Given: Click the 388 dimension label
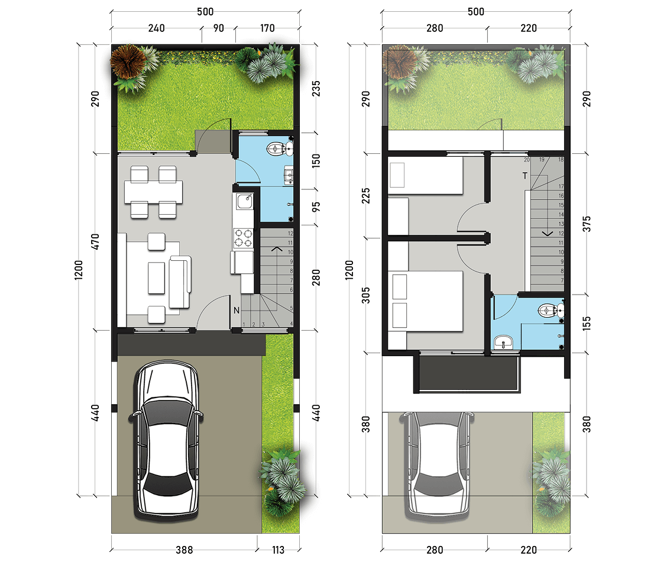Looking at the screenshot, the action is [184, 550].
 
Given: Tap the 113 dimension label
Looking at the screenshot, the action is [278, 550].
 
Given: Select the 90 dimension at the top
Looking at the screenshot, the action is [218, 28].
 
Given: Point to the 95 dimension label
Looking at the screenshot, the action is [316, 207].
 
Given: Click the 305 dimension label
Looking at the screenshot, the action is [366, 295].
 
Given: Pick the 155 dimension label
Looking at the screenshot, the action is [587, 323].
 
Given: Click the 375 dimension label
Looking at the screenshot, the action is [587, 224].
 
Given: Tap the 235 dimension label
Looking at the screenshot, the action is [316, 89].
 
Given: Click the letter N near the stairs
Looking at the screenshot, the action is [237, 311].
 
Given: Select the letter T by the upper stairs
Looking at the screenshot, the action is [525, 176].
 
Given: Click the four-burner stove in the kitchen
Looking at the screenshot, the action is [243, 238].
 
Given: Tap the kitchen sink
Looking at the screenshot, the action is [245, 201].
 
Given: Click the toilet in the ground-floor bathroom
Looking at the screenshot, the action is [280, 148].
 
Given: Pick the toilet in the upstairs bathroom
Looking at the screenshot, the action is [551, 311].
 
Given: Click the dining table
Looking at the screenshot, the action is [153, 192].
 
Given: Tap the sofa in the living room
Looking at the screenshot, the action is [180, 282].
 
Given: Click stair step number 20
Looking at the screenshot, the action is [526, 160].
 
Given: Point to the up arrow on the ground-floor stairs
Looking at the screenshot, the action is [277, 248].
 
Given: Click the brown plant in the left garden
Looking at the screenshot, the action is [127, 61].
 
